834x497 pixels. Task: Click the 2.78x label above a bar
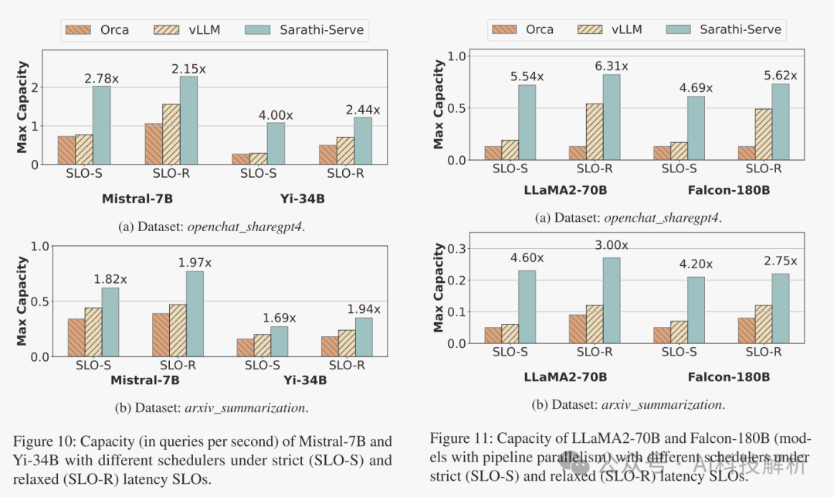[102, 78]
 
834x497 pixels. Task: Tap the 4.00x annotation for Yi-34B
[276, 115]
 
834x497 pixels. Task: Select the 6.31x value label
[612, 66]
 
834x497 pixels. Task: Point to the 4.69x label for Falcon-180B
[695, 88]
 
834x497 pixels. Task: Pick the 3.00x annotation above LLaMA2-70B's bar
[612, 245]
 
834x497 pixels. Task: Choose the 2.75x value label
[780, 261]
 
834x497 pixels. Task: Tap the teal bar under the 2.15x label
[188, 120]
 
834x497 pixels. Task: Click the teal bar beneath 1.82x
[110, 322]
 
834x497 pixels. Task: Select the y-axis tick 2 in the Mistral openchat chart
[35, 87]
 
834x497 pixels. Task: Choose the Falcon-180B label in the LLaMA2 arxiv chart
[729, 376]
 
